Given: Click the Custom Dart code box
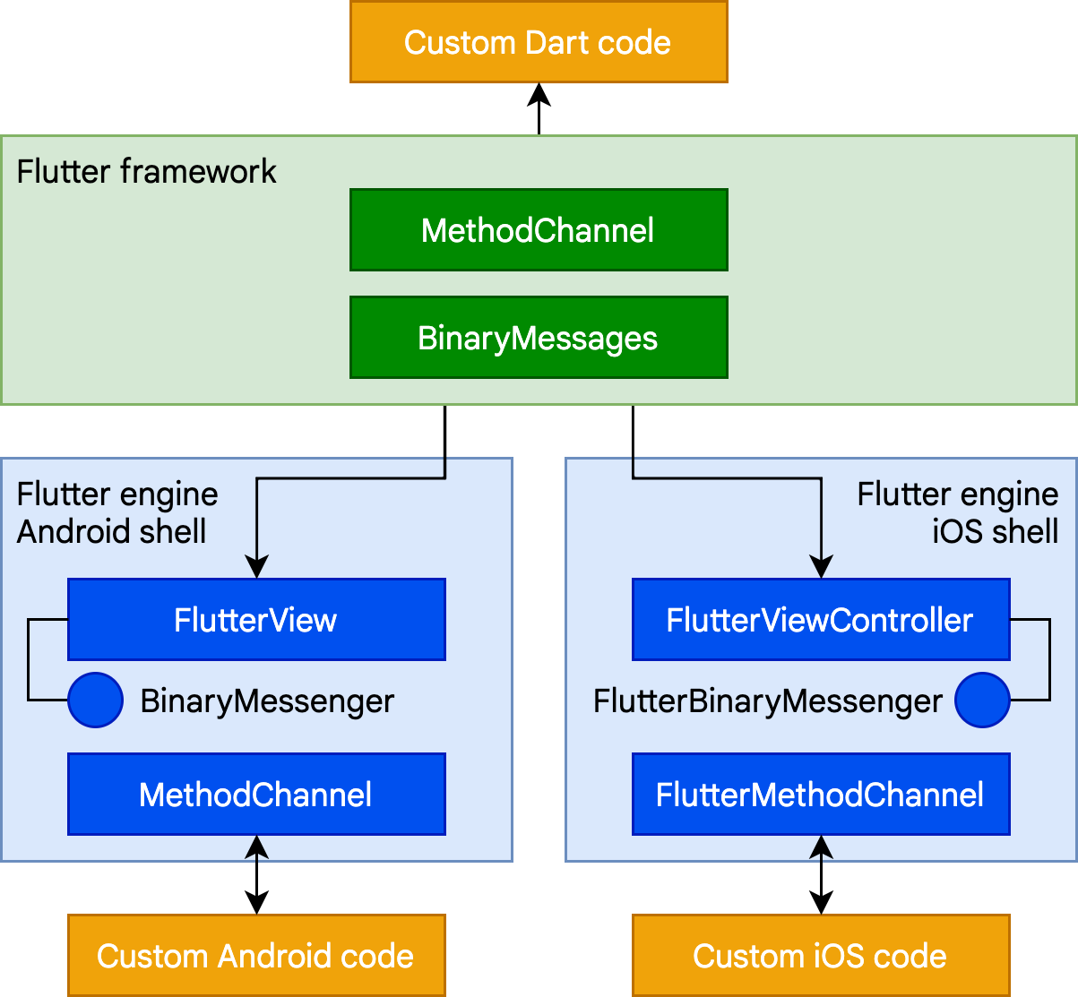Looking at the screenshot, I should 538,42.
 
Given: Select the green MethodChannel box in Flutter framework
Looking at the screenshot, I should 538,230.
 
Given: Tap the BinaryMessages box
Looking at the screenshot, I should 538,338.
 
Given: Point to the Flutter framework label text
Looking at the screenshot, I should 147,171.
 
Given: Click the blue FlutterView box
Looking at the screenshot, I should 256,620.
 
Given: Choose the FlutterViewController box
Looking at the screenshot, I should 820,620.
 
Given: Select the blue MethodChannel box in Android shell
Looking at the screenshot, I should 256,795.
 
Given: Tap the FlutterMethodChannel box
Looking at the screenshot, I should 820,795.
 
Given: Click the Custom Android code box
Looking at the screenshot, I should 256,956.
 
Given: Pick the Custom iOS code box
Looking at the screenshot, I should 820,956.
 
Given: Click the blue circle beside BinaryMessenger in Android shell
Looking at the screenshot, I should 95,700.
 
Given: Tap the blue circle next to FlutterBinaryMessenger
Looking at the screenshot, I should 982,700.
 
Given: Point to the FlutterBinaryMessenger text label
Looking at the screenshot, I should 768,700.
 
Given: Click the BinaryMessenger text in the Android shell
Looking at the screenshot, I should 267,700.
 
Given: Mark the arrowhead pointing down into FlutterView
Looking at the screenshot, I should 256,567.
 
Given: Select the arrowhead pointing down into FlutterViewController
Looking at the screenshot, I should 821,567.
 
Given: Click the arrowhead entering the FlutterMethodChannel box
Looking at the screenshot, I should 821,845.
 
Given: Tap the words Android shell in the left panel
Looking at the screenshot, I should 112,531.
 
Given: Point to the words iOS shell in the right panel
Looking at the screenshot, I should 996,531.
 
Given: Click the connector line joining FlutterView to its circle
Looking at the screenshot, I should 29,659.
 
